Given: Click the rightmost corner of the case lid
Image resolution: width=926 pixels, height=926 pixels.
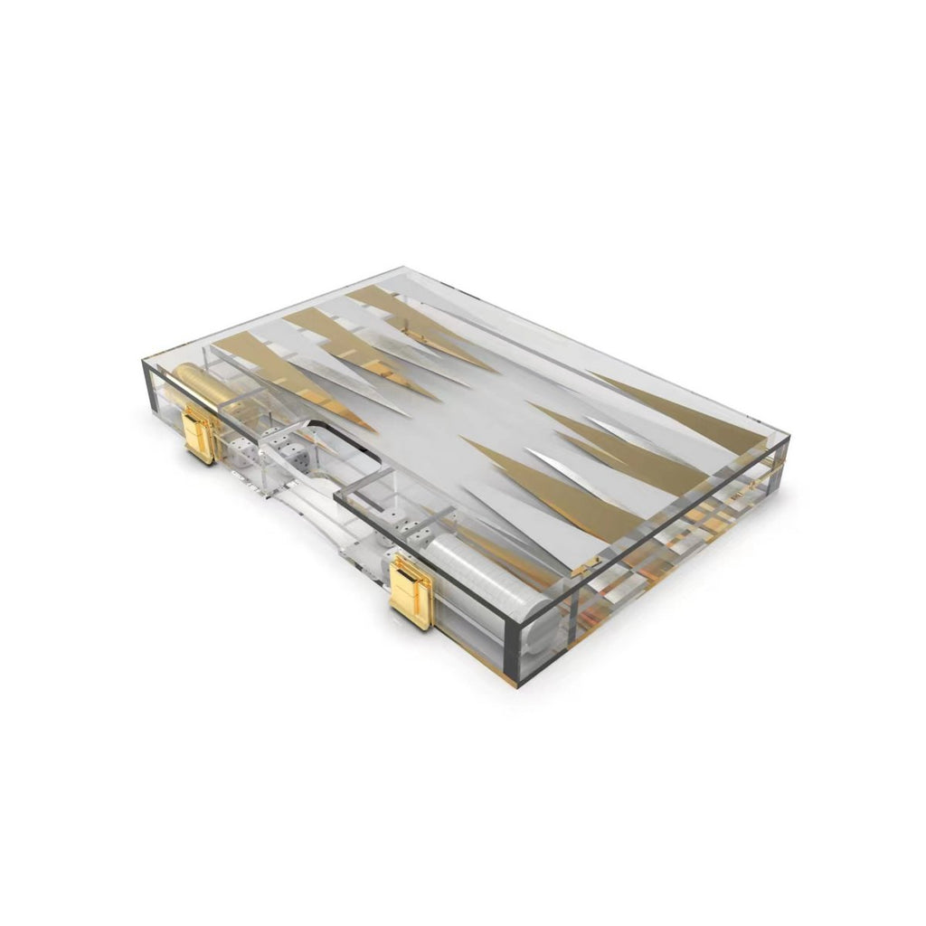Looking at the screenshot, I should (x=789, y=437).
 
